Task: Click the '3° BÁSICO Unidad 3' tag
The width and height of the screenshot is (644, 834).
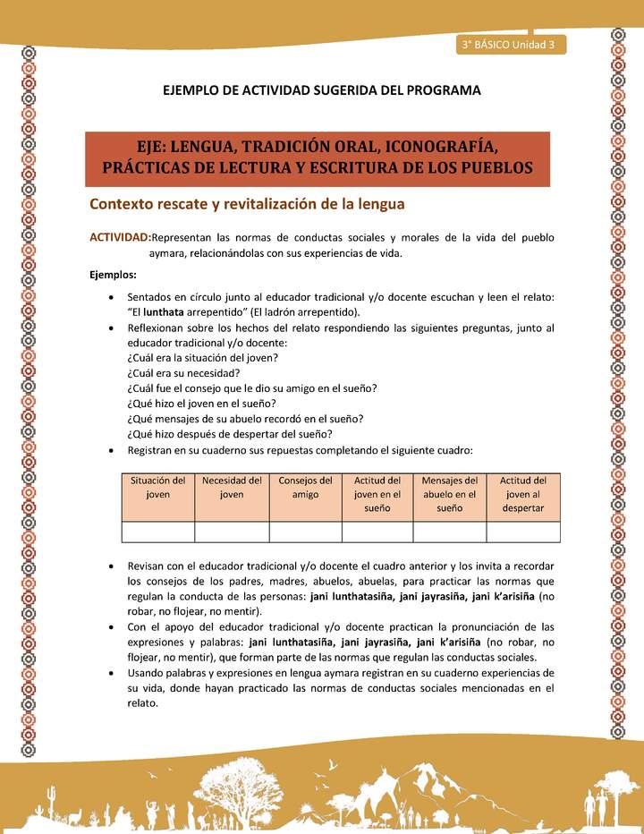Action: [510, 45]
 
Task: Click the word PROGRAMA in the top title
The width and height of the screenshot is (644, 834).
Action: [443, 90]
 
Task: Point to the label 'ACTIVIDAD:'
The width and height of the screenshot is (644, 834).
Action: [119, 237]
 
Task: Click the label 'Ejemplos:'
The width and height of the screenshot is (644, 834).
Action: [113, 275]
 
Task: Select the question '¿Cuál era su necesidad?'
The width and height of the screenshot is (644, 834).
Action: [184, 372]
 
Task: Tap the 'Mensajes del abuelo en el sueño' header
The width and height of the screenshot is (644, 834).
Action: [449, 494]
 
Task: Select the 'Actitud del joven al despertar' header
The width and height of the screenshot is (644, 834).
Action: [523, 494]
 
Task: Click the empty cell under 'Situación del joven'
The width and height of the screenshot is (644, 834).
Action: [157, 532]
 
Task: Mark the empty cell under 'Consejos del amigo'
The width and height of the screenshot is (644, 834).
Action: [305, 532]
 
